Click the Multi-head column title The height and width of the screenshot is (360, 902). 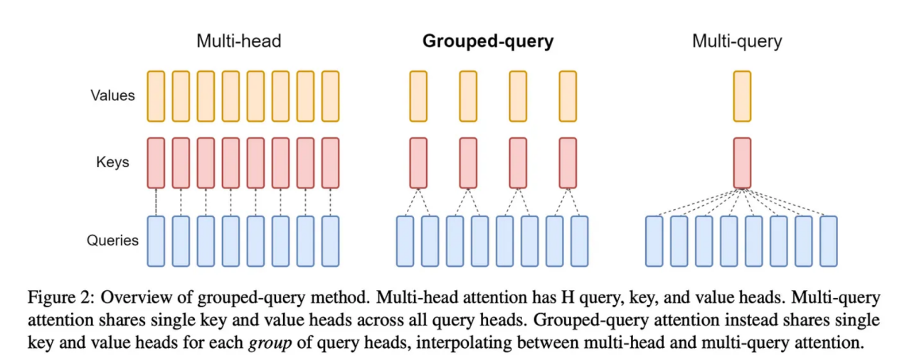239,41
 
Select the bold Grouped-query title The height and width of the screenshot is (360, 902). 488,42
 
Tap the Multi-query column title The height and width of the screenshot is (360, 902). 737,42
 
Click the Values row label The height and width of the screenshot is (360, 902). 112,95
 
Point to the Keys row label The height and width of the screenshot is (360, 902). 112,162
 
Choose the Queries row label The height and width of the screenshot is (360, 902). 112,240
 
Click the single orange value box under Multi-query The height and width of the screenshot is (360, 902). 742,96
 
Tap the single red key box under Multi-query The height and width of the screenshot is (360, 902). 742,163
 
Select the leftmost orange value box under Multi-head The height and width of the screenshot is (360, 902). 156,96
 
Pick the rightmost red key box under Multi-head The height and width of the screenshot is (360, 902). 330,163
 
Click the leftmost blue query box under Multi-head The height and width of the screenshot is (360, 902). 156,241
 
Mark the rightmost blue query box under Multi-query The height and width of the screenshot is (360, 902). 828,241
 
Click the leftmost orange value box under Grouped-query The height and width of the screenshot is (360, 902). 418,96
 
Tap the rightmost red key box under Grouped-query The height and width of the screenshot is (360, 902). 568,163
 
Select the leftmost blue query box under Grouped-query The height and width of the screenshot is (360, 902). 405,241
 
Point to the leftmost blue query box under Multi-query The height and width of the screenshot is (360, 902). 654,241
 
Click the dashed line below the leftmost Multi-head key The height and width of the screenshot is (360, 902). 156,202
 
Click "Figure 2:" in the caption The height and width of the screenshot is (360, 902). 61,298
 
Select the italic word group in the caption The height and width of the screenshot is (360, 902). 270,343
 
